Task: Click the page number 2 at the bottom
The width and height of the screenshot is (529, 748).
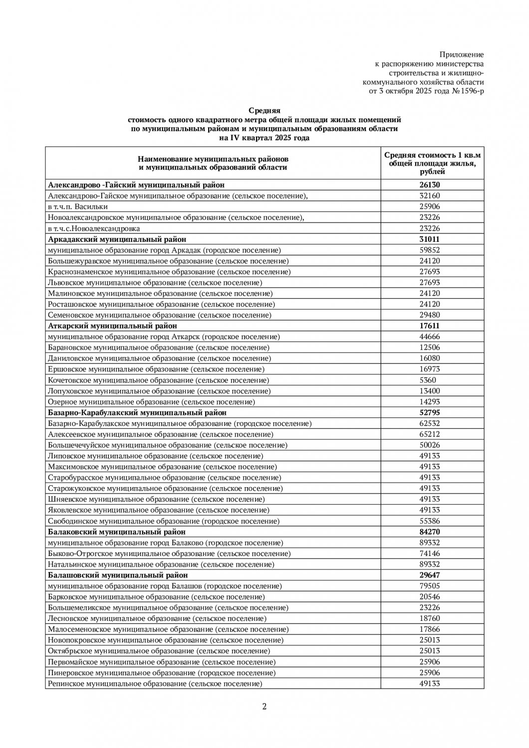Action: (x=264, y=706)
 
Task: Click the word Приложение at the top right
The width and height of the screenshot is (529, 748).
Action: (x=461, y=54)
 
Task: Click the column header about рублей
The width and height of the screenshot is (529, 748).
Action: (x=432, y=164)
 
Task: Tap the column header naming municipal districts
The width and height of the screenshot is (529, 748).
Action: (x=213, y=163)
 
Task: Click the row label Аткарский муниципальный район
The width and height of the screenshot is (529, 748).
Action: (x=112, y=326)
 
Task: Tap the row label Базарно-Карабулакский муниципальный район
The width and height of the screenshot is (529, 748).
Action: (x=137, y=413)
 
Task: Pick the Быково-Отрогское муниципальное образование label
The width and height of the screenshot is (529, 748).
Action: (x=169, y=554)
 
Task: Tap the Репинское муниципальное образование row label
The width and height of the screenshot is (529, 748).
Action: (x=155, y=684)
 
